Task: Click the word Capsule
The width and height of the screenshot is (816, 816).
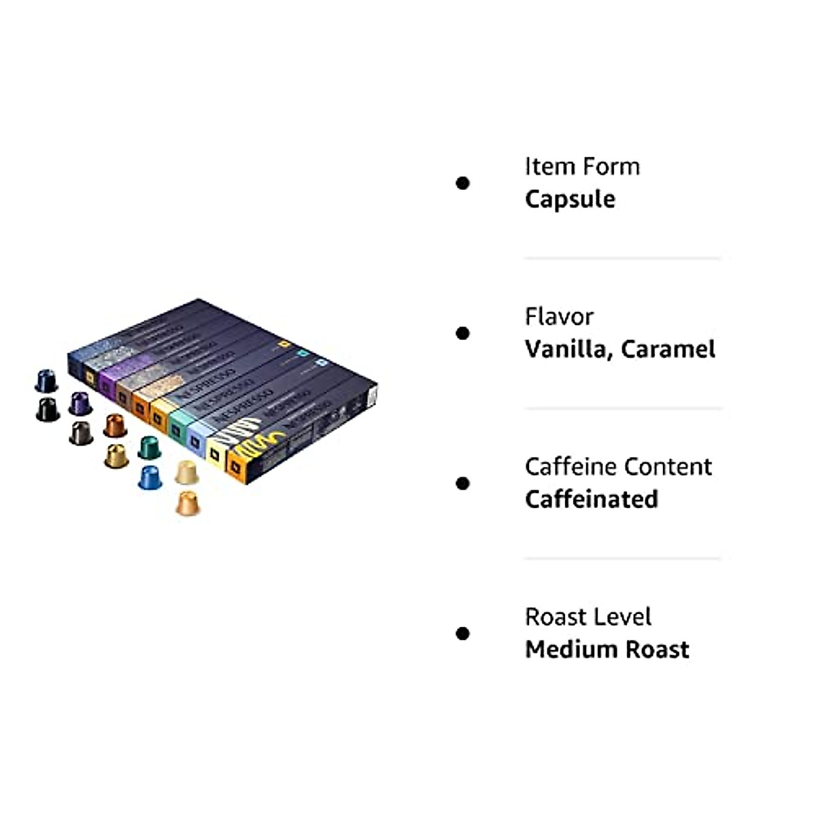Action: pyautogui.click(x=570, y=199)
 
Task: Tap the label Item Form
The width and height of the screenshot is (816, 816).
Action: pyautogui.click(x=582, y=167)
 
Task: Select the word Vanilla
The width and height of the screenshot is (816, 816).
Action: pyautogui.click(x=567, y=350)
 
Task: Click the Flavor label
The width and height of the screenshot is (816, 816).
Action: pyautogui.click(x=559, y=317)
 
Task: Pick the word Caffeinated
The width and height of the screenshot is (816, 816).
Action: pyautogui.click(x=592, y=500)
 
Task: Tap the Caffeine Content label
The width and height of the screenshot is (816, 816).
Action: pyautogui.click(x=618, y=467)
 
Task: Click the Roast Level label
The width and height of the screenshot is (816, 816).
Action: pyautogui.click(x=588, y=617)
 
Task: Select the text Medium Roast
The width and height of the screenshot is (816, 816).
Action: pyautogui.click(x=607, y=650)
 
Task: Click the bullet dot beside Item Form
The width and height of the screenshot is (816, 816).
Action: pyautogui.click(x=463, y=183)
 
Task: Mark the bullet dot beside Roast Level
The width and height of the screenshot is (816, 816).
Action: pyautogui.click(x=463, y=634)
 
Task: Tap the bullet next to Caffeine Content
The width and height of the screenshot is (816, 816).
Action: pyautogui.click(x=463, y=483)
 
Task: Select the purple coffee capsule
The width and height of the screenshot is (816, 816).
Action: pyautogui.click(x=80, y=403)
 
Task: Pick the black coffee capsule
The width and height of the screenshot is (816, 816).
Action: pyautogui.click(x=48, y=410)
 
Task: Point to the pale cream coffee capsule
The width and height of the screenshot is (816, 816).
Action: pyautogui.click(x=186, y=473)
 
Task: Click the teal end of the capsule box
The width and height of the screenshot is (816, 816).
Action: pyautogui.click(x=177, y=426)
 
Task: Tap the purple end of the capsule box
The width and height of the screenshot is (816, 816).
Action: pyautogui.click(x=107, y=384)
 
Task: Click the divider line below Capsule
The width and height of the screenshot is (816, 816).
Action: pyautogui.click(x=622, y=258)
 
